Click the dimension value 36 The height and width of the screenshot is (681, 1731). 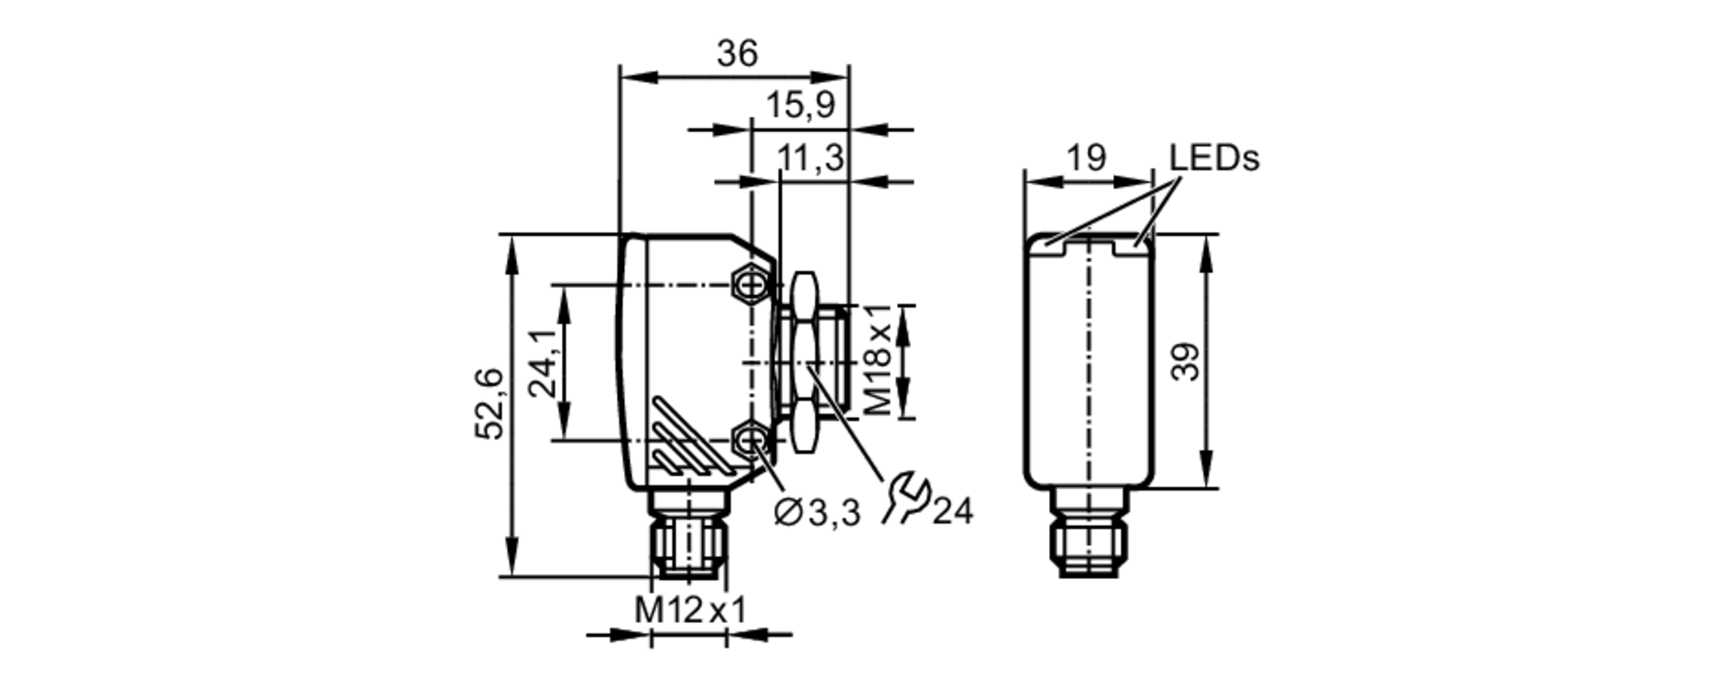(737, 54)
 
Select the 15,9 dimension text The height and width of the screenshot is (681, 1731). (800, 106)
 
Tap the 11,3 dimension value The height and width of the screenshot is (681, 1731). (809, 159)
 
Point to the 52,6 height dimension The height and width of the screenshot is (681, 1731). (490, 403)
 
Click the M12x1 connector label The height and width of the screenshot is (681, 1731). (690, 610)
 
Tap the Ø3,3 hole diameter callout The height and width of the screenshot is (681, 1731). (818, 513)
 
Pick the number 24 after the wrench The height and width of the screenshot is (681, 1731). (953, 512)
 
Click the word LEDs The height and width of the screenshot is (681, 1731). (1213, 158)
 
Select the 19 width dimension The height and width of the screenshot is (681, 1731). (1085, 158)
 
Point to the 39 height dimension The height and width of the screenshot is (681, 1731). (1187, 362)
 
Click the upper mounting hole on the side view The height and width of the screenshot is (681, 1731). (750, 284)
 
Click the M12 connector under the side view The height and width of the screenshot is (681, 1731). (689, 536)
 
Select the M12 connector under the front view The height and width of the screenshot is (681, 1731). (1089, 536)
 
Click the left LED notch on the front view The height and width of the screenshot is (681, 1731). (1050, 246)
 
